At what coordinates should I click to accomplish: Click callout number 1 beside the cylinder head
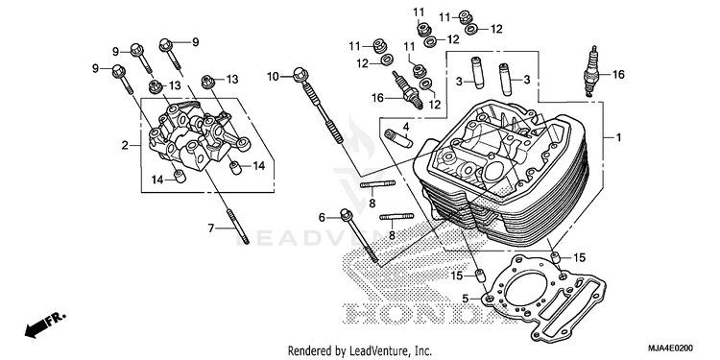tap(618, 137)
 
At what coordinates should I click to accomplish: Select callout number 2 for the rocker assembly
tap(125, 146)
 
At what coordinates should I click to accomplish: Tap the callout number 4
tap(406, 127)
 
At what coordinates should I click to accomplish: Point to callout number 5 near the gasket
tap(466, 299)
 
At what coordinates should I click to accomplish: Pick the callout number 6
tap(322, 217)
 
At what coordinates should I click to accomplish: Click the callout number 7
tap(211, 228)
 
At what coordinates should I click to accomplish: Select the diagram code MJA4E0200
tap(670, 348)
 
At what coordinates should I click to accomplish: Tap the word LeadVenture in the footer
tap(372, 351)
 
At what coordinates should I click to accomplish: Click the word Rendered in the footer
tap(306, 351)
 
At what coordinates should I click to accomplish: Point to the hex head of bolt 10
tap(300, 74)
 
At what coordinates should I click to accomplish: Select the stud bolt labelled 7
tap(238, 226)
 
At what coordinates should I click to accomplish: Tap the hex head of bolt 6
tap(346, 214)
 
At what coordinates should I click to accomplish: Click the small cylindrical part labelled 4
tap(396, 138)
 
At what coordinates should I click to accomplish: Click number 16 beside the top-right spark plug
tap(618, 74)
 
